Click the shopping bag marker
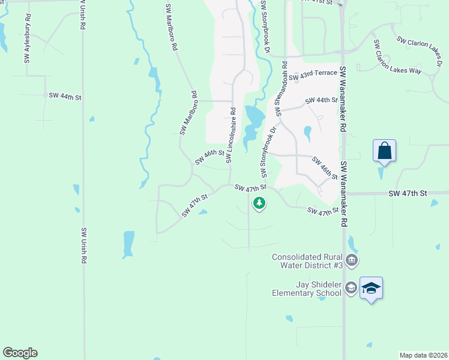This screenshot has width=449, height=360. (x=384, y=151)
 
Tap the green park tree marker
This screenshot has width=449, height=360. (x=259, y=203)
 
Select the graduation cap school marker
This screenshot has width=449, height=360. (x=371, y=289)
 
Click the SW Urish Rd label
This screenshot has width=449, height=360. (x=83, y=247)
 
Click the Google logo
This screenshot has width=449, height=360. (x=20, y=353)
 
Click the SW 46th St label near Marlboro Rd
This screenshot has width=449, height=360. (x=209, y=157)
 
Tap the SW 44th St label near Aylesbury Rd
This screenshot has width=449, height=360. (x=65, y=96)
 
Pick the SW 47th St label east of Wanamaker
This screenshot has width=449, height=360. (x=407, y=193)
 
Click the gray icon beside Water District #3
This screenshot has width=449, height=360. (x=352, y=260)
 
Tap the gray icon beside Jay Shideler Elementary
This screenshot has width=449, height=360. (x=351, y=289)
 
